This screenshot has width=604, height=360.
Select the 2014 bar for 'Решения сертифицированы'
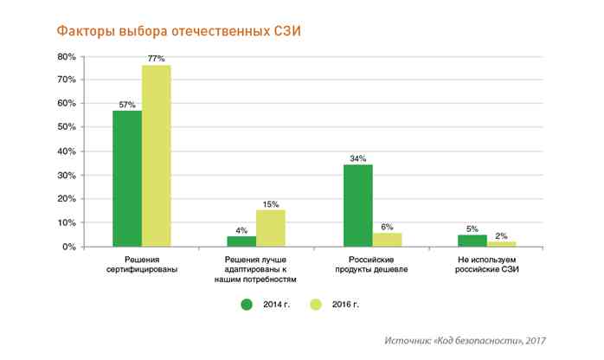pos(127,178)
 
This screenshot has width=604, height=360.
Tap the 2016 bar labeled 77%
pos(157,156)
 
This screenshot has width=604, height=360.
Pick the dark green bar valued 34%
pos(358,206)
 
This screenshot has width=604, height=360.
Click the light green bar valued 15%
pos(271,228)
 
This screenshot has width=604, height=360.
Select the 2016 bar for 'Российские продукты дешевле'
pos(387,240)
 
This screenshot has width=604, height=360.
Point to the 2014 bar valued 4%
pos(242,241)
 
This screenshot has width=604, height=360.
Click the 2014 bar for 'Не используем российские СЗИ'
pos(473,241)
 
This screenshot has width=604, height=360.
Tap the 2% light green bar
pos(502,244)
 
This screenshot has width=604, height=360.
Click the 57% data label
pos(128,104)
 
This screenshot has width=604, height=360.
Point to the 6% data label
pos(387,227)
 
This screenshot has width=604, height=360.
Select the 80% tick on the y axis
pos(67,56)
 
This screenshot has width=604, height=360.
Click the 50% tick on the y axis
pos(67,127)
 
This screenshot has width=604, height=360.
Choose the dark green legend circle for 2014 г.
pos(247,305)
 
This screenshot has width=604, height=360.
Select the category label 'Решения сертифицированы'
pos(142,264)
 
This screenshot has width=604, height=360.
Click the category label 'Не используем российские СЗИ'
pos(488,264)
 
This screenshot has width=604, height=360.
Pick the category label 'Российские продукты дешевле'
pos(372,264)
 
